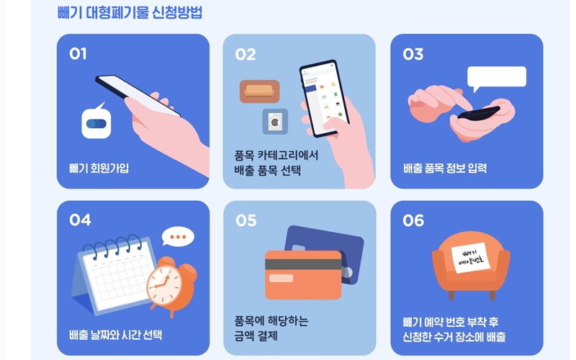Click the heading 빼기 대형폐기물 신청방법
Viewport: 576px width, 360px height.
coord(130,13)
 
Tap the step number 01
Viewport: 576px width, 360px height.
coord(78,55)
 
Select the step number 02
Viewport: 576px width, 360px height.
coord(246,55)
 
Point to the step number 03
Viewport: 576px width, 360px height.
coord(413,55)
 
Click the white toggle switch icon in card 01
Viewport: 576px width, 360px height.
coord(96,123)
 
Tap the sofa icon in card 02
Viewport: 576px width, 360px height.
coord(259,91)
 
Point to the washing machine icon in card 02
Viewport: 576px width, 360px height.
coord(275,122)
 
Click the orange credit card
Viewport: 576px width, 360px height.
coord(303,274)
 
